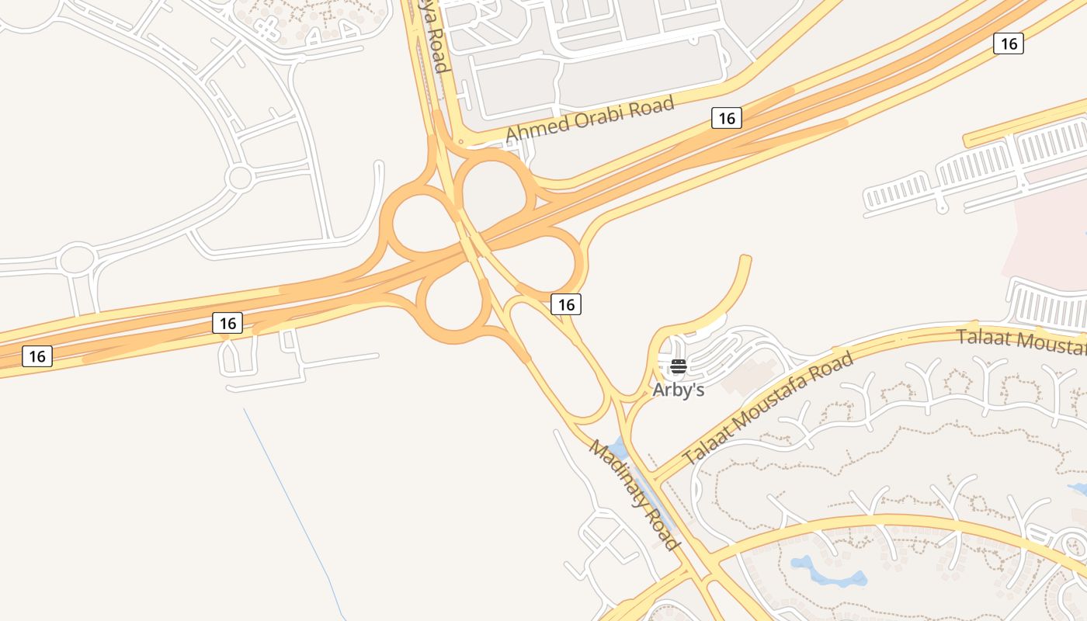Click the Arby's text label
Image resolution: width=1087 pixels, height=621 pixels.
tap(678, 389)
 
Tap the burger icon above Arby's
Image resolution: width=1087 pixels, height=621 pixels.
tap(679, 366)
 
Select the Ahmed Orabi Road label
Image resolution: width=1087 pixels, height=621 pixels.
tap(590, 120)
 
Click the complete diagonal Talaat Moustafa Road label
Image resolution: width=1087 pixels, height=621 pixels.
tap(768, 408)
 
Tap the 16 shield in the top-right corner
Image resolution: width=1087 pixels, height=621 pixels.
tap(1008, 43)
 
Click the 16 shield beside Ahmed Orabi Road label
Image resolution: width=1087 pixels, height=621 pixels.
tap(726, 118)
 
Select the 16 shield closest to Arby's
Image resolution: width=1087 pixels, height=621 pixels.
tap(566, 304)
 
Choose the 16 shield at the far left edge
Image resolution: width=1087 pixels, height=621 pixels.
tap(36, 356)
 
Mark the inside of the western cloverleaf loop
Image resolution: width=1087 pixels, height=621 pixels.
tap(425, 225)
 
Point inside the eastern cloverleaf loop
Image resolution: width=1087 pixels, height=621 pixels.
tap(548, 264)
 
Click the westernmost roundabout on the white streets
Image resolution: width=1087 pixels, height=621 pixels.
tap(77, 260)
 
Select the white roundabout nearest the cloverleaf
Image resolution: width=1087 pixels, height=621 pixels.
tap(239, 178)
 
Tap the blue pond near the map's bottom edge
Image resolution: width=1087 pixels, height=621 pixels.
tap(827, 573)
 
